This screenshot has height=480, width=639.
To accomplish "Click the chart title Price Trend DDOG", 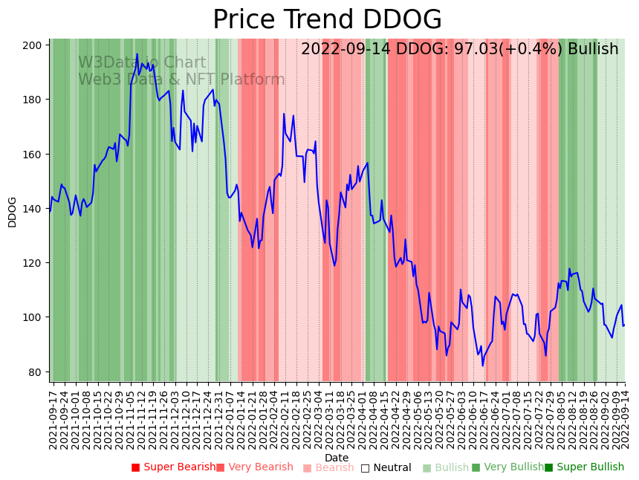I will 327,20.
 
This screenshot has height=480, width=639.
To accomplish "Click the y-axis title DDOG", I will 13,212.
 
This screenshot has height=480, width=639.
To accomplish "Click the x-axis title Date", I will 337,458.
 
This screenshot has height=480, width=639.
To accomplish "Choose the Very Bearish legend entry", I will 255,467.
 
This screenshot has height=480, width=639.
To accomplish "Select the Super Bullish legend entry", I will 585,467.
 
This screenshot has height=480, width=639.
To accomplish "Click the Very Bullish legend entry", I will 508,467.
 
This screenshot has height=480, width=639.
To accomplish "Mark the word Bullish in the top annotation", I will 593,50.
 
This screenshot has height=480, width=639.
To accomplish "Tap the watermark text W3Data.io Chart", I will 142,62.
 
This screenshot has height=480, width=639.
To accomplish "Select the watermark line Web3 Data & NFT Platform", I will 181,80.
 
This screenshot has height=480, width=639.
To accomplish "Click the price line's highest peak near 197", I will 137,54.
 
